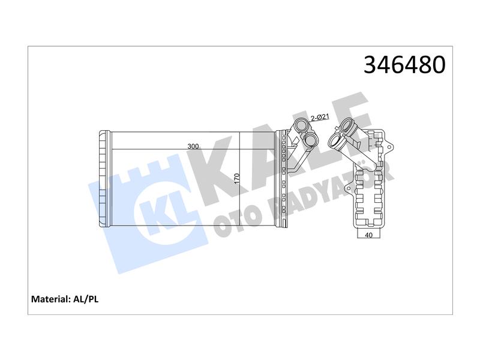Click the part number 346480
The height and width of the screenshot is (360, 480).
(404, 65)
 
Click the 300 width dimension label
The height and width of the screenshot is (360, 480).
(193, 146)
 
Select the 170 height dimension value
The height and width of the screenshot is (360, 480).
(236, 179)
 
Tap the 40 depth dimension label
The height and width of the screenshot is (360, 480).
(369, 235)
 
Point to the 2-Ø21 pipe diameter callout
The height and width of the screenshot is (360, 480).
(320, 117)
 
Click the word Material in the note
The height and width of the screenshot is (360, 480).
(51, 299)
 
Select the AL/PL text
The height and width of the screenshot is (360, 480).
(86, 299)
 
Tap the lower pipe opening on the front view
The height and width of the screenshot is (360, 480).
(311, 139)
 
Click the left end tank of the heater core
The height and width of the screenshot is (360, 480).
(104, 179)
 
